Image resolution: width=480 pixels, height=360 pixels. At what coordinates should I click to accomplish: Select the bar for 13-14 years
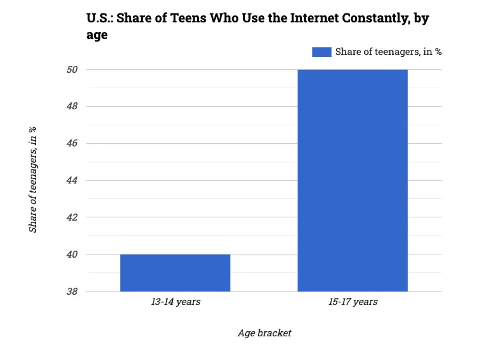tap(175, 273)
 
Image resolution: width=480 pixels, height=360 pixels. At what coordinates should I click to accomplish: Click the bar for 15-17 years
tap(353, 180)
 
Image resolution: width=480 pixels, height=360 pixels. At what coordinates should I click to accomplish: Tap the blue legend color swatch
tap(321, 52)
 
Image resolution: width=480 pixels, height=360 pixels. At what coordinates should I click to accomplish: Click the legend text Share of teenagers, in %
tap(388, 52)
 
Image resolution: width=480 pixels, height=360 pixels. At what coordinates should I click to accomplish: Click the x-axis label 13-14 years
tap(175, 302)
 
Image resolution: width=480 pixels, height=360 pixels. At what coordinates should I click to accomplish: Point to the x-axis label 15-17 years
tap(353, 302)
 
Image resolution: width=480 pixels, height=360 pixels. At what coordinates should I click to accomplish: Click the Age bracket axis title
tap(264, 333)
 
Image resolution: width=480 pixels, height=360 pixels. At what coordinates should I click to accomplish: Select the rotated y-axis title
tap(33, 180)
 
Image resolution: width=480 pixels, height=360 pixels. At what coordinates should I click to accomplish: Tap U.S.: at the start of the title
tap(99, 19)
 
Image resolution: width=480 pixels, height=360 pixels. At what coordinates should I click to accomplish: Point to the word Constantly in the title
tap(369, 19)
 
